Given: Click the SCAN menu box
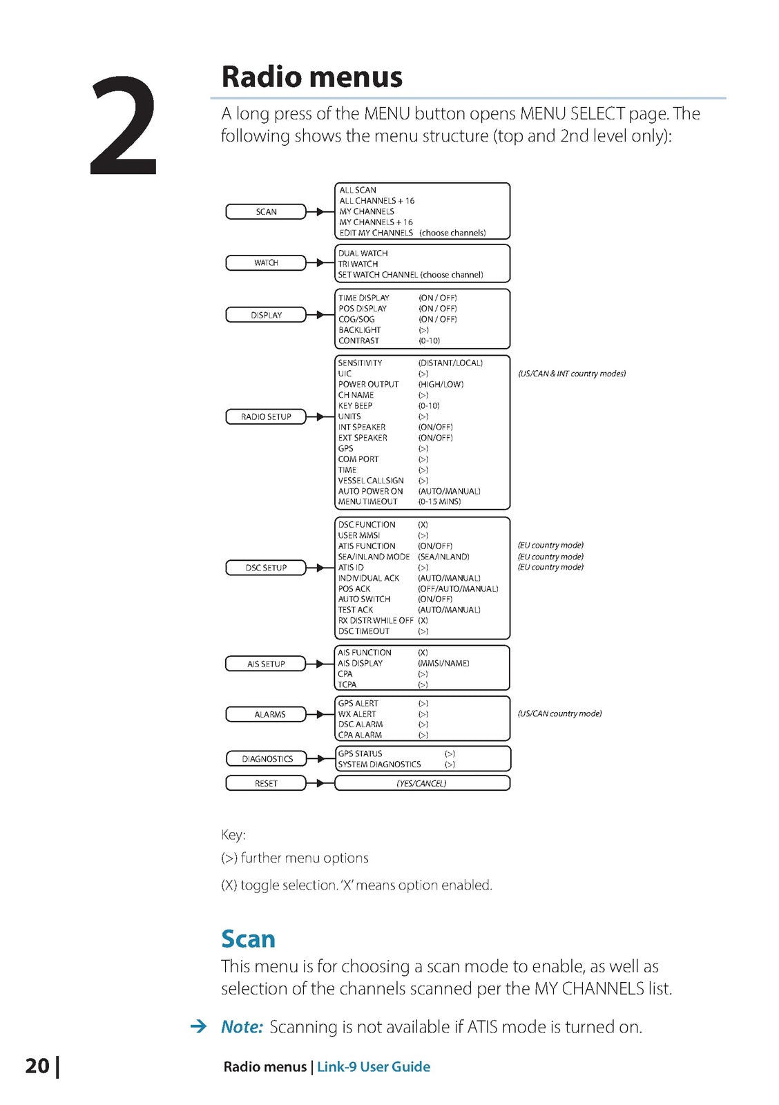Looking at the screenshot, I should click(266, 212).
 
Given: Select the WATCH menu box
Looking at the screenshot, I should click(266, 263).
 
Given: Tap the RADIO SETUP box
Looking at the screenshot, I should click(266, 417).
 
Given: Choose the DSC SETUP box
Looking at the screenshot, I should click(266, 568).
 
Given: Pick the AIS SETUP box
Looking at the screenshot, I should click(266, 664).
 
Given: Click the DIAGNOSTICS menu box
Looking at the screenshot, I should click(267, 759).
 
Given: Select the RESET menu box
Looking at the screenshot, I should click(266, 784).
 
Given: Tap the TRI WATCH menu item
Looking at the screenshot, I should click(358, 264).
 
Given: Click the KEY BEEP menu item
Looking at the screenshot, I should click(355, 406).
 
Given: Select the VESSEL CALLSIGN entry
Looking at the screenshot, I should click(371, 481).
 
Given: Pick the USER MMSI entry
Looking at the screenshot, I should click(359, 535).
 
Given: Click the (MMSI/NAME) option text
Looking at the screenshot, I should click(443, 664).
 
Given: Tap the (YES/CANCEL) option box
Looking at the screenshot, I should click(422, 784).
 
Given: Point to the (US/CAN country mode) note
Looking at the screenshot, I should click(559, 714).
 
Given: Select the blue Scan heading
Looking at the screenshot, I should click(248, 939).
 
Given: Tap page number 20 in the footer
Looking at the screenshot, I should click(37, 1066).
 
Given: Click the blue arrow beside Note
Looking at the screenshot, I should click(198, 1027).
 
